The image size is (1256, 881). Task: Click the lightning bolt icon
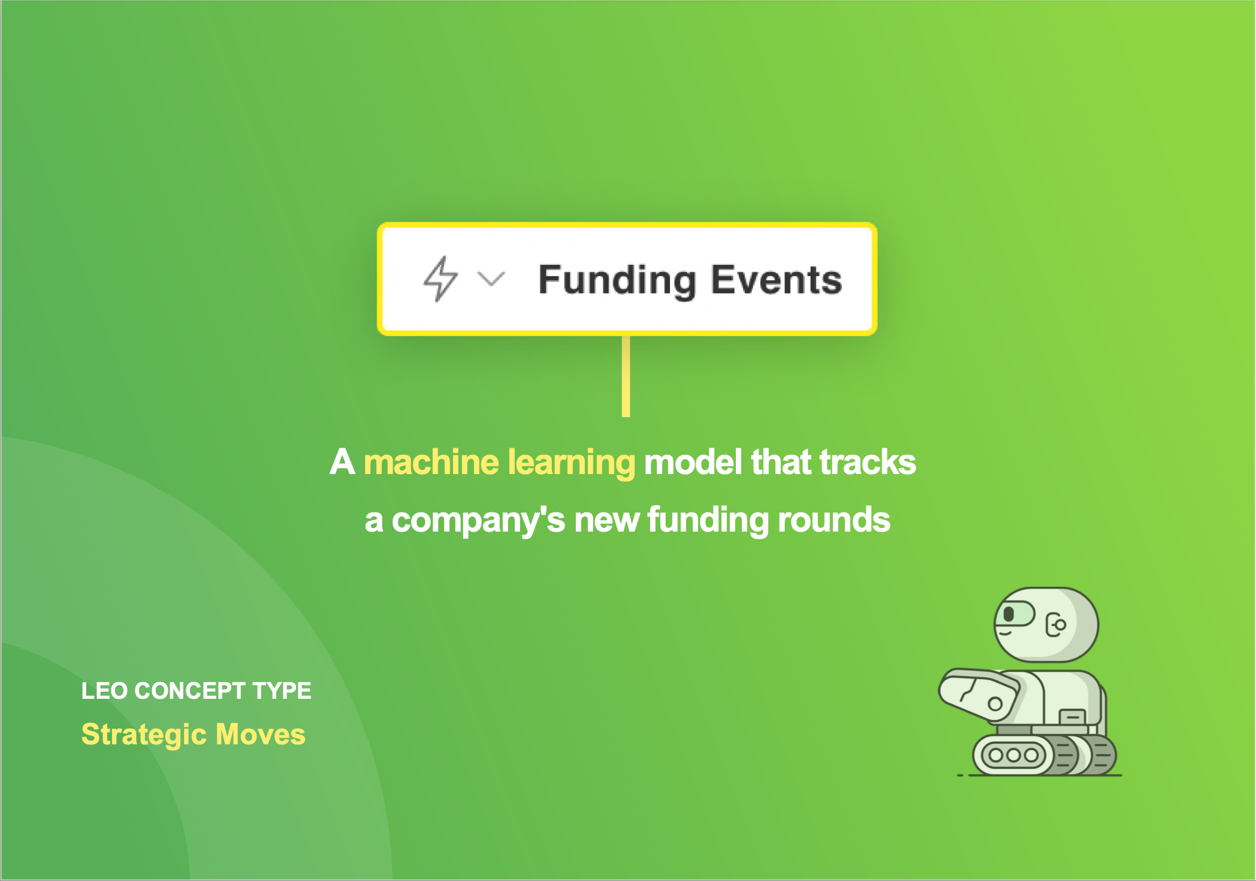click(x=440, y=279)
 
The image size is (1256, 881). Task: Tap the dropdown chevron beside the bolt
click(x=491, y=279)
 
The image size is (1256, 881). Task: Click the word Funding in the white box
click(x=617, y=280)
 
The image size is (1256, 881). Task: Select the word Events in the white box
click(x=777, y=280)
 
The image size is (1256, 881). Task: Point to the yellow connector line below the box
click(x=626, y=376)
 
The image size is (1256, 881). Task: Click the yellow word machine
click(x=431, y=462)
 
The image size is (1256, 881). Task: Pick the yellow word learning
click(x=572, y=463)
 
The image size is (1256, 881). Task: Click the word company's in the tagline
click(x=478, y=520)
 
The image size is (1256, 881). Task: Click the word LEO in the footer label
click(x=104, y=691)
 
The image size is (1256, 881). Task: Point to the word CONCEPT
click(x=190, y=691)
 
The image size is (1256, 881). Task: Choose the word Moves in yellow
click(x=260, y=734)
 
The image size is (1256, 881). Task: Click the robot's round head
click(x=1046, y=624)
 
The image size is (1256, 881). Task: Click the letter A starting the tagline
click(x=342, y=462)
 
